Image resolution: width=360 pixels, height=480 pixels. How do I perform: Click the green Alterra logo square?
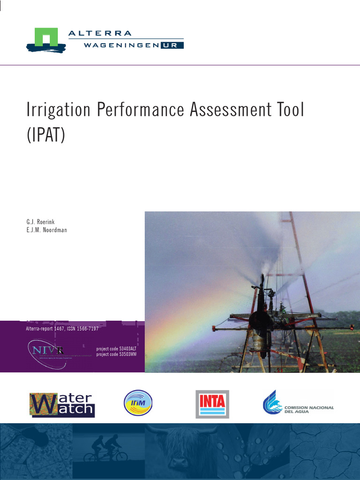pyautogui.click(x=46, y=37)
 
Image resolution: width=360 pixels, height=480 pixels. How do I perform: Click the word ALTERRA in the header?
pyautogui.click(x=100, y=33)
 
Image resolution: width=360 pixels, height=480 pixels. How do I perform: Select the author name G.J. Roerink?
pyautogui.click(x=44, y=221)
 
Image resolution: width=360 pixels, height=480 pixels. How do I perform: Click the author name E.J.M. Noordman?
pyautogui.click(x=47, y=230)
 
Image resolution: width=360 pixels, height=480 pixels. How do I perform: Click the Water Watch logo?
pyautogui.click(x=62, y=404)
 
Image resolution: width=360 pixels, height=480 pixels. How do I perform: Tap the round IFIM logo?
pyautogui.click(x=138, y=403)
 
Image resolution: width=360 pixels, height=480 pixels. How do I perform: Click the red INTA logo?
pyautogui.click(x=212, y=403)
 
